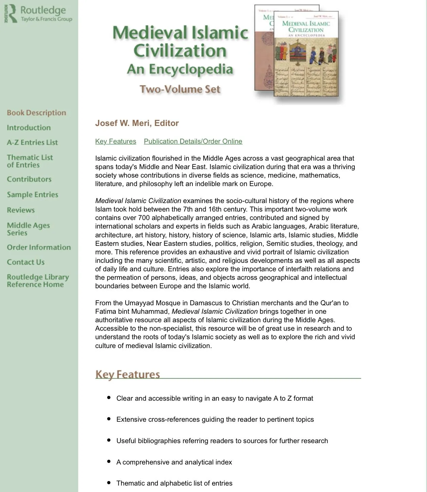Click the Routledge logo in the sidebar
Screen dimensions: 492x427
click(38, 14)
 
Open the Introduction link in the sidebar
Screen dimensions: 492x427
click(29, 128)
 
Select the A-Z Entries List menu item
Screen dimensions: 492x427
click(32, 143)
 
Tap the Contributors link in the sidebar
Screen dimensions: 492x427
click(29, 179)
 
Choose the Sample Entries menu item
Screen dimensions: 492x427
click(33, 195)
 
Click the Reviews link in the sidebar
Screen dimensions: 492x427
click(21, 210)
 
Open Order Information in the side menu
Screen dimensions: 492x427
click(39, 248)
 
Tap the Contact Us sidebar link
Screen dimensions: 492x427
click(26, 262)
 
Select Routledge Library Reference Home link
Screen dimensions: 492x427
click(38, 281)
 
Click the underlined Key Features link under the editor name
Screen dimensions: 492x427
click(116, 141)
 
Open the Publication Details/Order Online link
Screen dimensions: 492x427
click(193, 141)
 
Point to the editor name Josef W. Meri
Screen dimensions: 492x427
click(137, 123)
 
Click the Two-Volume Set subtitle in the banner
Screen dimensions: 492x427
click(180, 89)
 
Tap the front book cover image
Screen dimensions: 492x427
click(306, 58)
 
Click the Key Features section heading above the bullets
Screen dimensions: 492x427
click(128, 374)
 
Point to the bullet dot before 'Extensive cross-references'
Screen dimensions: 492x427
click(109, 419)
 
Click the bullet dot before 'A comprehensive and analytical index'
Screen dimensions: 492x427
click(109, 461)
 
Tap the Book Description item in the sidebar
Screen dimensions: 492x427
click(36, 113)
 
